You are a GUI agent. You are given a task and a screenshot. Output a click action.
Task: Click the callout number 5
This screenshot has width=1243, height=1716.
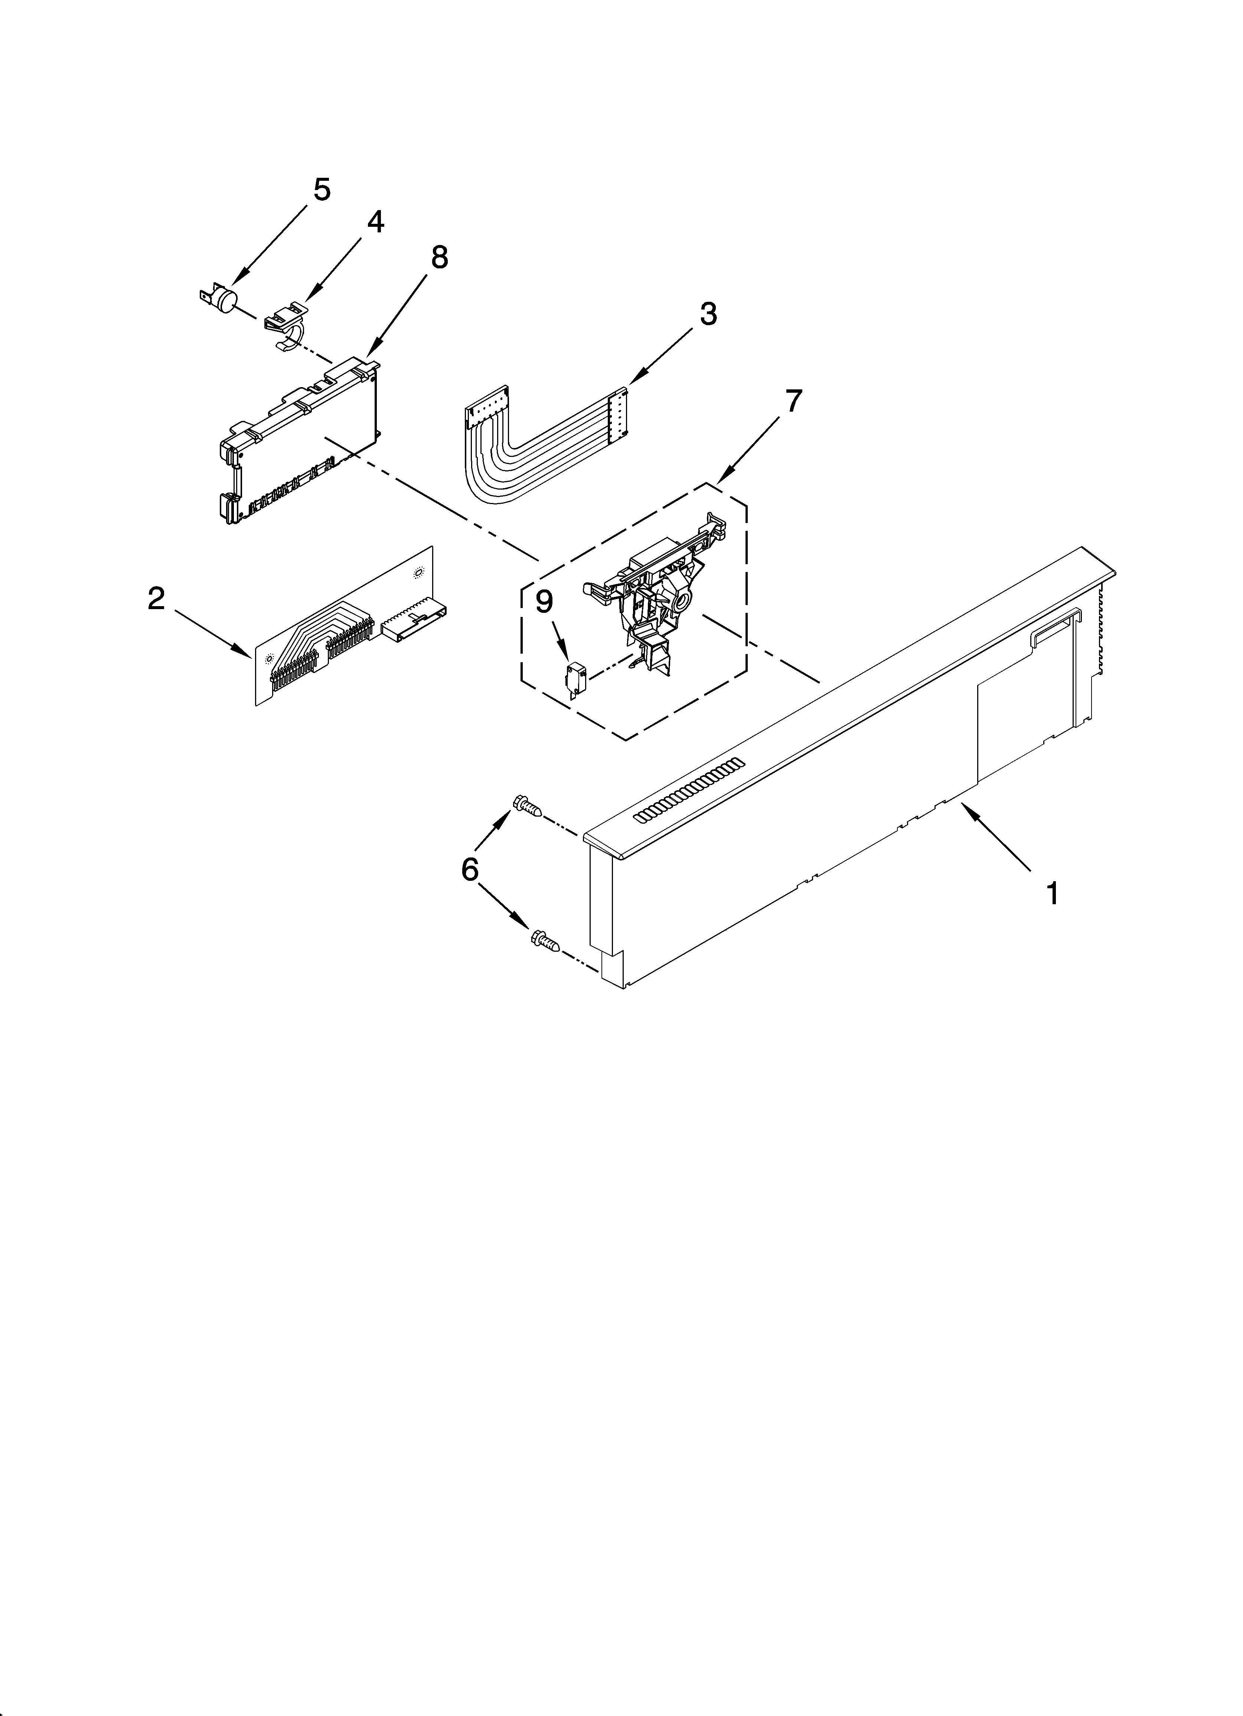click(x=322, y=190)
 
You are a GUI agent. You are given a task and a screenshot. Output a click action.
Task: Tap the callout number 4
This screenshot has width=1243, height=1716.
click(x=375, y=222)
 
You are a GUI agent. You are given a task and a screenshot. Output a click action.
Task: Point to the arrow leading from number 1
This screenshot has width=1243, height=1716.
click(x=999, y=840)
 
